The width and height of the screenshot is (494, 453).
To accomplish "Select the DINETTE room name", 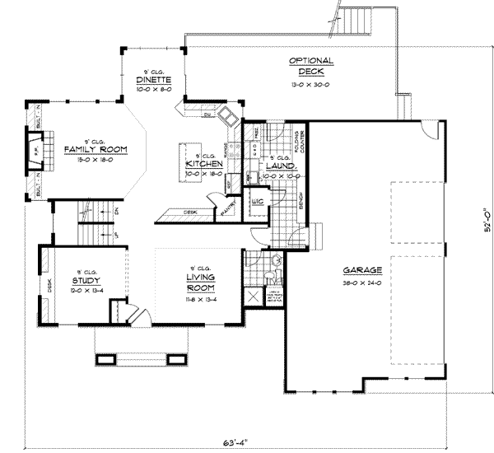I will (154, 81).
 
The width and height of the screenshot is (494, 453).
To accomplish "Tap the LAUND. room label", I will (282, 165).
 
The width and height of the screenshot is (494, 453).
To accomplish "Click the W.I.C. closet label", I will (257, 201).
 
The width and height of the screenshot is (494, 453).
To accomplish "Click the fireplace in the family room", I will (36, 152).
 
